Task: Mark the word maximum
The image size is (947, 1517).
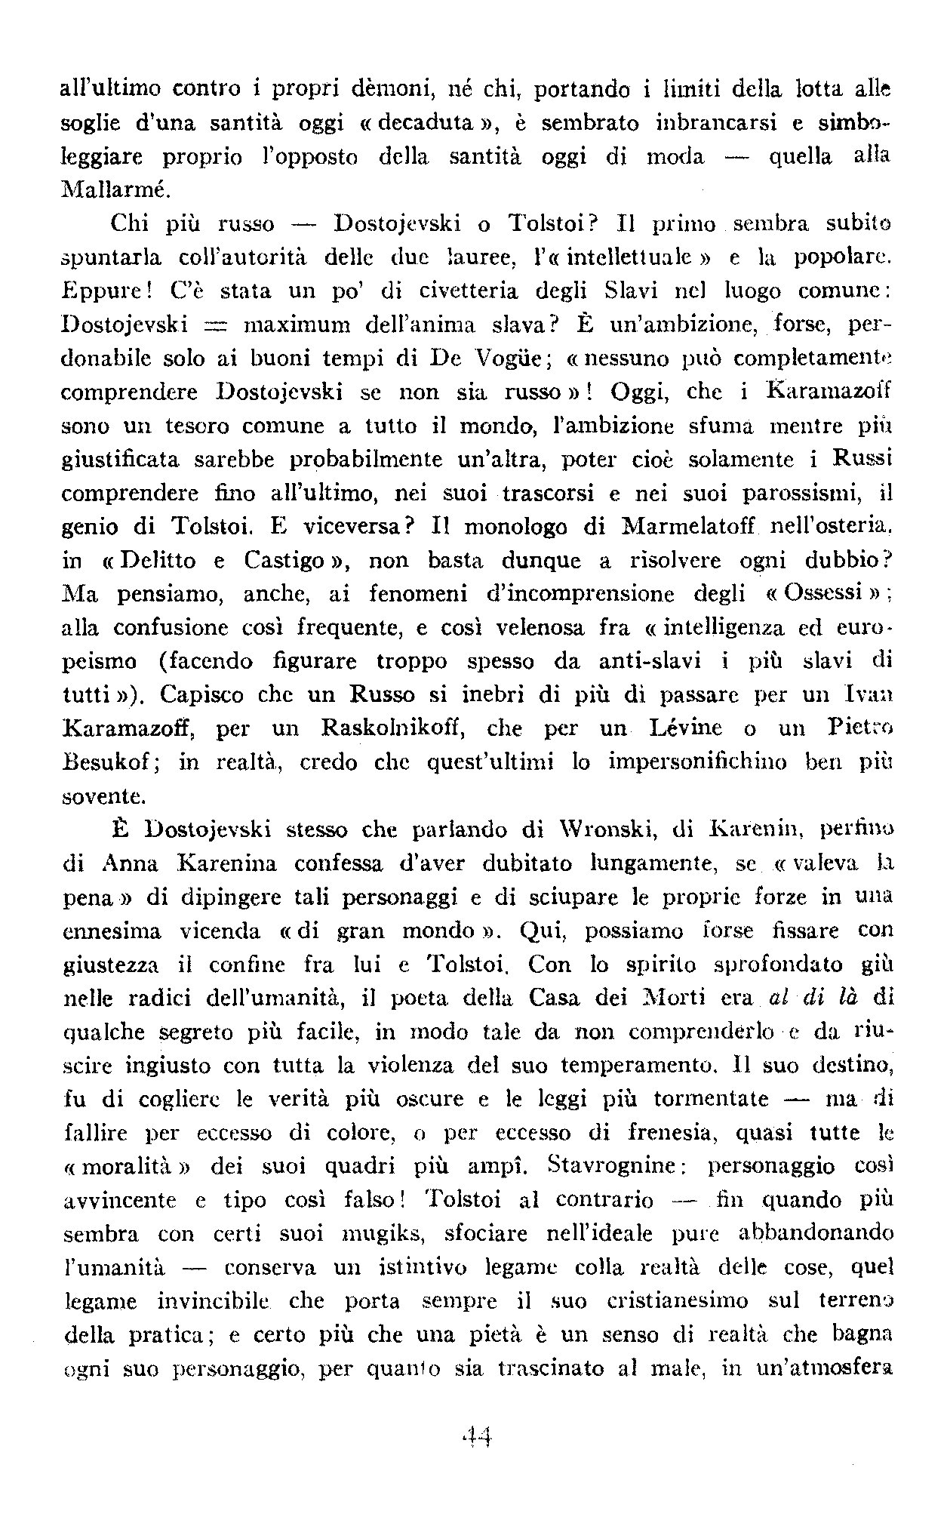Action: coord(301,325)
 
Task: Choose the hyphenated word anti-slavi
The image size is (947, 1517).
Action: coord(641,661)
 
